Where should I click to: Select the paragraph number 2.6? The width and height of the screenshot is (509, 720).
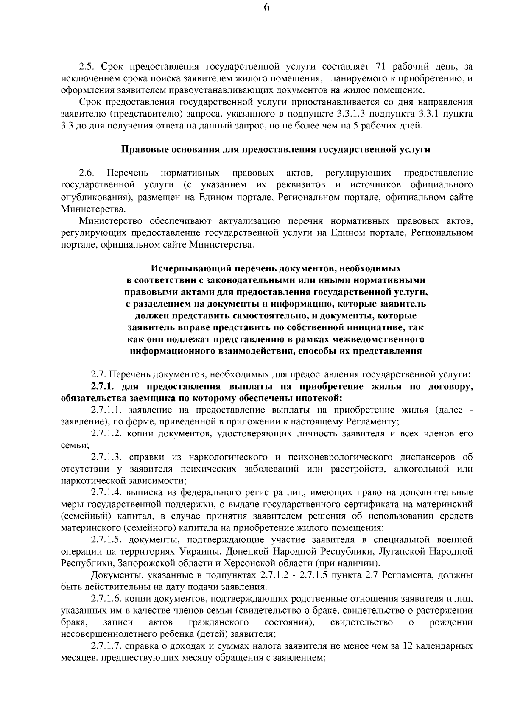click(86, 173)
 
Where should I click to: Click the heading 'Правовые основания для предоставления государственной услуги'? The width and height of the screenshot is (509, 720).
click(276, 150)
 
